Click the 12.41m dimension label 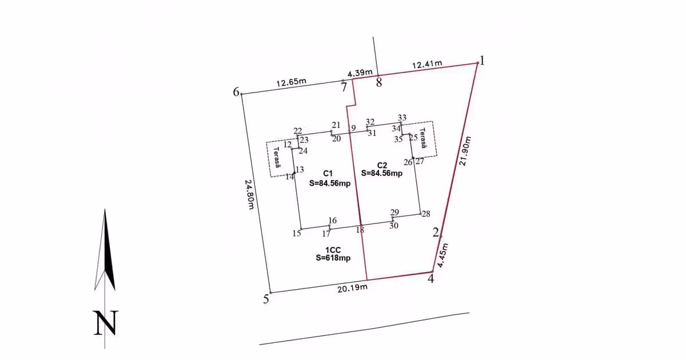coord(427,64)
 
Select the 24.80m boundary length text coord(249,194)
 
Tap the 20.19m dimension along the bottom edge coord(353,288)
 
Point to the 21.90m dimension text coord(465,151)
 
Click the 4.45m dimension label coord(443,255)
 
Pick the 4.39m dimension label coord(360,73)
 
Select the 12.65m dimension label coord(291,82)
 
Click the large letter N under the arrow coord(106,323)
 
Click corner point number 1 coord(482,61)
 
